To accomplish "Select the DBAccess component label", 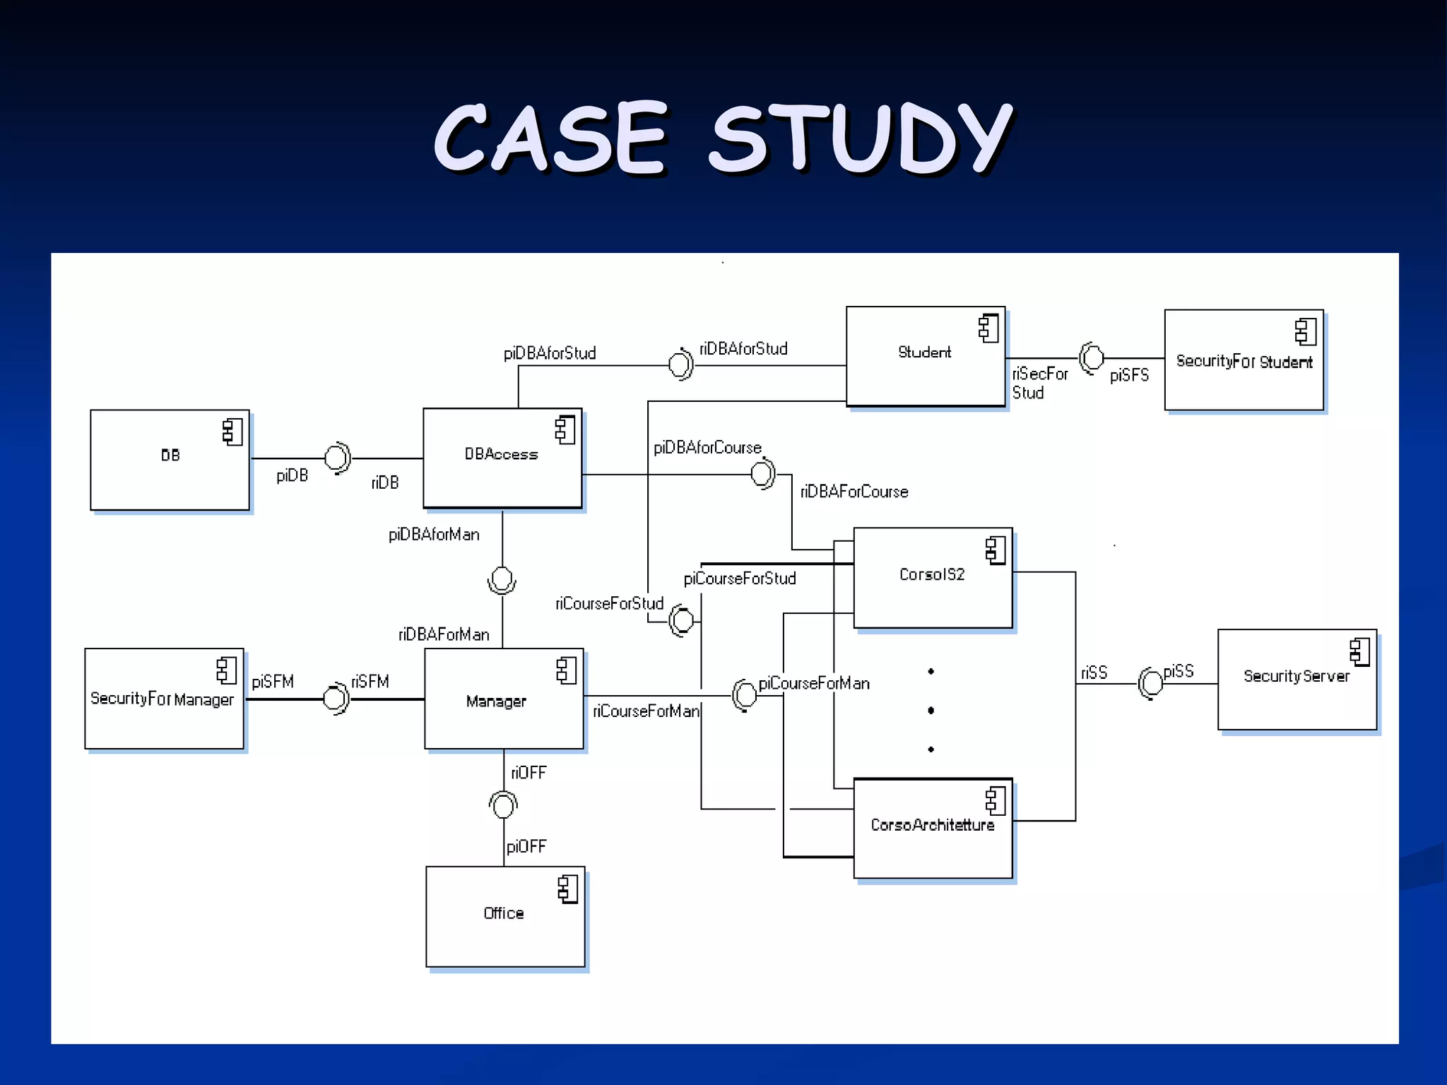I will click(501, 454).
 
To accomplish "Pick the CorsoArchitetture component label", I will click(932, 825).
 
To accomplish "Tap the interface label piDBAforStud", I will click(550, 353).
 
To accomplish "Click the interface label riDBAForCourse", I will click(854, 492).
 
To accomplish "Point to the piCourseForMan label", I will click(814, 683).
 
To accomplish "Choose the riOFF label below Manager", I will click(528, 773).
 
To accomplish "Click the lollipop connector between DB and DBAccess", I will click(337, 458).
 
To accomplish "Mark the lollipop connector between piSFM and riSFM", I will click(335, 699).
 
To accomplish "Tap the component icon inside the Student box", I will click(988, 328).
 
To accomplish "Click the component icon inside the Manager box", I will click(566, 670).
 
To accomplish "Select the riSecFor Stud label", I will click(1039, 383).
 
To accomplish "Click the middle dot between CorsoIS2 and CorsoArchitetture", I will click(931, 711).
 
